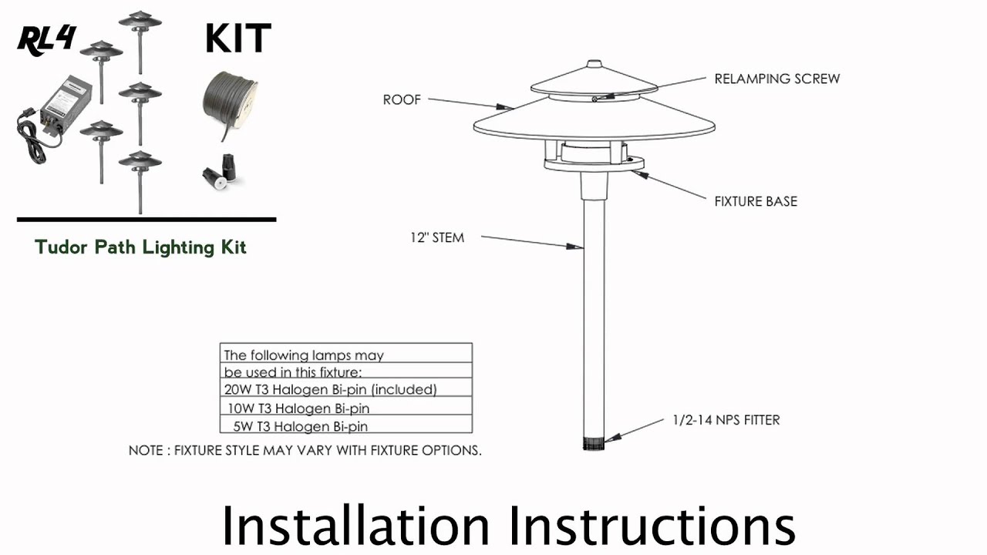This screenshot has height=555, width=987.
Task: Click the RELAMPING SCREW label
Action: (776, 79)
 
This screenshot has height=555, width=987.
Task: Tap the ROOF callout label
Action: (402, 100)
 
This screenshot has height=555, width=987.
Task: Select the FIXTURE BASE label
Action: (755, 201)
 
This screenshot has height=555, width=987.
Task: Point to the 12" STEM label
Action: (436, 237)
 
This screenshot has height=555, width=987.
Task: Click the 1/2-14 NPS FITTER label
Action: (726, 420)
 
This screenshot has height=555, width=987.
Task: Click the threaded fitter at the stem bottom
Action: (594, 443)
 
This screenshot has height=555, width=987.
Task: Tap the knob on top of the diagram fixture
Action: (594, 64)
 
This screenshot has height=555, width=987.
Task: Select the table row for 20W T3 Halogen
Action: (331, 389)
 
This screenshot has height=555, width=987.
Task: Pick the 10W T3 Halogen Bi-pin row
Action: (303, 408)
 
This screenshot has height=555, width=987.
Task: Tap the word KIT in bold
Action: (237, 39)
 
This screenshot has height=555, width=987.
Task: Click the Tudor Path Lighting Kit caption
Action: (140, 247)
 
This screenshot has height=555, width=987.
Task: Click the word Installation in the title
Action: (355, 526)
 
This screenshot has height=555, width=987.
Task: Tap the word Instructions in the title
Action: (652, 526)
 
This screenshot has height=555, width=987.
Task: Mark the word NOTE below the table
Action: (147, 450)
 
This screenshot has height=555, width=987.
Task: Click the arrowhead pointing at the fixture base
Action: (638, 173)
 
